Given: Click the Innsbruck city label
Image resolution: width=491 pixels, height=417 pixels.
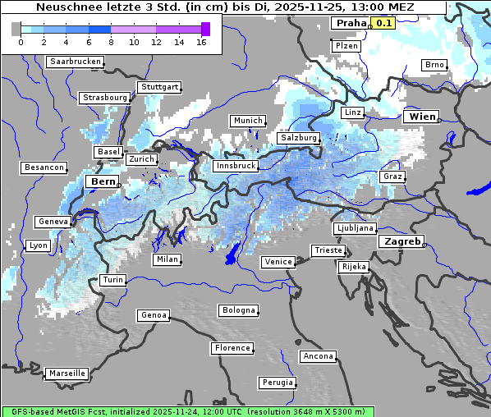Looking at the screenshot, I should pos(235,166).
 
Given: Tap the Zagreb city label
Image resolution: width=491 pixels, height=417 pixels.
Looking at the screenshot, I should pos(402,242).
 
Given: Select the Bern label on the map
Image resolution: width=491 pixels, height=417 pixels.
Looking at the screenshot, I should pos(103,181).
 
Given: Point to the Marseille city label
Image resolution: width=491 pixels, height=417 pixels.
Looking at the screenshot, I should pos(67,373).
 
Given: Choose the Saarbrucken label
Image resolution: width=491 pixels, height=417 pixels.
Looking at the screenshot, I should pos(76,62).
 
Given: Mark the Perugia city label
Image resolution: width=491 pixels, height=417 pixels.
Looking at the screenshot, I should pos(278,383).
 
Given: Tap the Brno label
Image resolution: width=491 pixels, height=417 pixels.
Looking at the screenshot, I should pos(434,65).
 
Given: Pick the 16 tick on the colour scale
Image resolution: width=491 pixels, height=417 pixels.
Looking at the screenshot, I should pos(201,42).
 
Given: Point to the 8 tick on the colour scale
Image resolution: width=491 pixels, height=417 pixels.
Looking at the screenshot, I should pos(111,42).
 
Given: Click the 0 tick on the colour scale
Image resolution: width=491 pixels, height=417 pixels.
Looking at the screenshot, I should pos(21,42).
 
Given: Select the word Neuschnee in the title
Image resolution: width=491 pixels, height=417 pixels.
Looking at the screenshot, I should pos(67,7).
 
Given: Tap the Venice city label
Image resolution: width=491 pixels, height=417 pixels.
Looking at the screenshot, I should pos(278,262).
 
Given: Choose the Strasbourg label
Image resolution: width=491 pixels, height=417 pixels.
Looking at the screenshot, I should pos(105,98).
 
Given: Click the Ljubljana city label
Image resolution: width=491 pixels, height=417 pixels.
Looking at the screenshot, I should pos(355,228).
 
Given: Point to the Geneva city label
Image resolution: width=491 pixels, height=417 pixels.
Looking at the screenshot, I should pos(53,222).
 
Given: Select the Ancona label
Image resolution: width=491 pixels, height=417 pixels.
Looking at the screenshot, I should pos(318,356).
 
